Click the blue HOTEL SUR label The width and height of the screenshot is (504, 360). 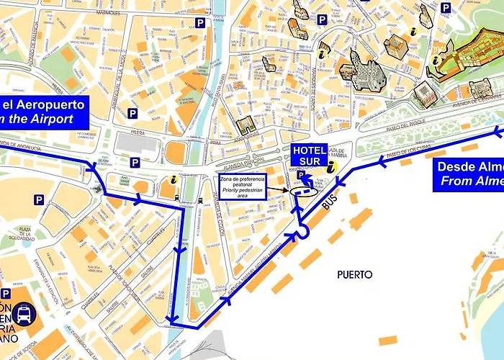(x=309, y=154)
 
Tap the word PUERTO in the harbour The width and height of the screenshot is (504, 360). (x=354, y=274)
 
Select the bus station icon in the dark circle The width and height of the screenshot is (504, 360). (x=24, y=314)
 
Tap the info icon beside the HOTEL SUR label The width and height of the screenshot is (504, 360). (x=331, y=166)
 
